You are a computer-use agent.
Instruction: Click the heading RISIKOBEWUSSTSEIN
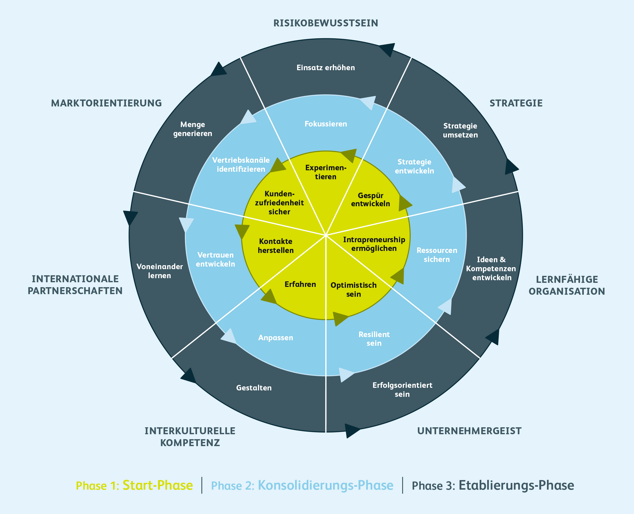point(326,23)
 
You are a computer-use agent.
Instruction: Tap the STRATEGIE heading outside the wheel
point(516,103)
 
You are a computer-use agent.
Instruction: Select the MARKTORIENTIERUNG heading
point(106,103)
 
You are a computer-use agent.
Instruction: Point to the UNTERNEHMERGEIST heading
point(469,431)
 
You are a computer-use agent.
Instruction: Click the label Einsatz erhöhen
point(326,68)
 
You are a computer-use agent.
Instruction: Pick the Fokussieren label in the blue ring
point(326,124)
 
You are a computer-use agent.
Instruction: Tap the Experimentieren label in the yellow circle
point(326,172)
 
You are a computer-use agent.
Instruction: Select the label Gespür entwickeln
point(371,200)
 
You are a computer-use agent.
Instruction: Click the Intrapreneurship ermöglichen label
point(374,244)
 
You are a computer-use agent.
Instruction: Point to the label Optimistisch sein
point(353,289)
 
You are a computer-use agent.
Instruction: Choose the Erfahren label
point(300,284)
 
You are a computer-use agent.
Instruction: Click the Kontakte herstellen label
point(276,246)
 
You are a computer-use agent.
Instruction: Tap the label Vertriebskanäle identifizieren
point(241,165)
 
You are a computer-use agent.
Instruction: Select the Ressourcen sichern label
point(436,255)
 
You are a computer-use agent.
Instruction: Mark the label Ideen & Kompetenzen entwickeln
point(491,269)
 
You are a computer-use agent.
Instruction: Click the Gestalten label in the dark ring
point(254,388)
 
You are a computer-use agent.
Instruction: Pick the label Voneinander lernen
point(159,271)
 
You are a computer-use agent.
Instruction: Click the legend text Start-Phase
point(158,486)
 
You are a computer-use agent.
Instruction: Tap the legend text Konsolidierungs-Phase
point(326,486)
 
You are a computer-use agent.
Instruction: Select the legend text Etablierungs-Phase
point(516,486)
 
